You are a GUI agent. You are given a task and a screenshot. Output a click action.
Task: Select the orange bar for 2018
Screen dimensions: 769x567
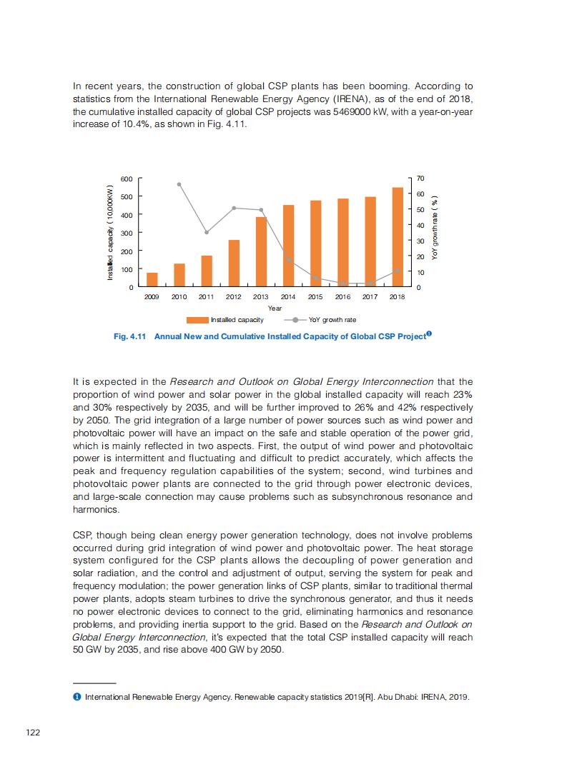point(397,237)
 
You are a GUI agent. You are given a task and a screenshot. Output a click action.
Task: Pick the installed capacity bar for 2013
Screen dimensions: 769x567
point(261,252)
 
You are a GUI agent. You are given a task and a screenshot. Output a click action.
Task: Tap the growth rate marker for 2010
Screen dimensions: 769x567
point(179,184)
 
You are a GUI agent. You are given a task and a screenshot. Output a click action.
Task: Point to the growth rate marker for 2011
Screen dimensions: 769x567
point(207,232)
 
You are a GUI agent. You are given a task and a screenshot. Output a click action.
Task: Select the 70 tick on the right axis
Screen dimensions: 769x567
point(420,178)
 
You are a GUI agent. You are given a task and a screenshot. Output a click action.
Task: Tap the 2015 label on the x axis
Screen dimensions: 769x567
point(315,296)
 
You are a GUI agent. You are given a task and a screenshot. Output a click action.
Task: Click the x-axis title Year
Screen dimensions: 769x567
point(275,308)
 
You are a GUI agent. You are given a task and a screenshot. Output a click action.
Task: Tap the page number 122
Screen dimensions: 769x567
point(32,732)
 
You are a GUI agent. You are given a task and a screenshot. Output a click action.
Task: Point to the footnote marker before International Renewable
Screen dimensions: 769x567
point(77,696)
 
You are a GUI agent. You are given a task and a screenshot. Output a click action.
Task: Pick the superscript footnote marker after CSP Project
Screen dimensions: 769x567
point(428,333)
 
